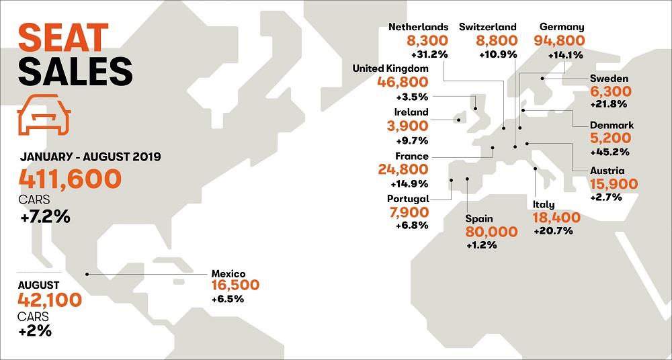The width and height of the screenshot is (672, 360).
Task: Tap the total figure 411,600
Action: point(71,179)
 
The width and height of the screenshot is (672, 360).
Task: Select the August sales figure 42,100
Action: point(50,299)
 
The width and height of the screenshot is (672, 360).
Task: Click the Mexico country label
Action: point(228,273)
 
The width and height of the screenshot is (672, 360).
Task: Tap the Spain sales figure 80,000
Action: point(491,232)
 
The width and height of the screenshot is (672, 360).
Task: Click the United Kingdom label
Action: point(390,68)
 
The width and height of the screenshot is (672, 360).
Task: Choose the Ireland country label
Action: point(411,112)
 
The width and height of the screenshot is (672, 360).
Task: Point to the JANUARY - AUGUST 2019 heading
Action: point(90,157)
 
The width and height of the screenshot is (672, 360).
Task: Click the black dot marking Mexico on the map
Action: point(87,273)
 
